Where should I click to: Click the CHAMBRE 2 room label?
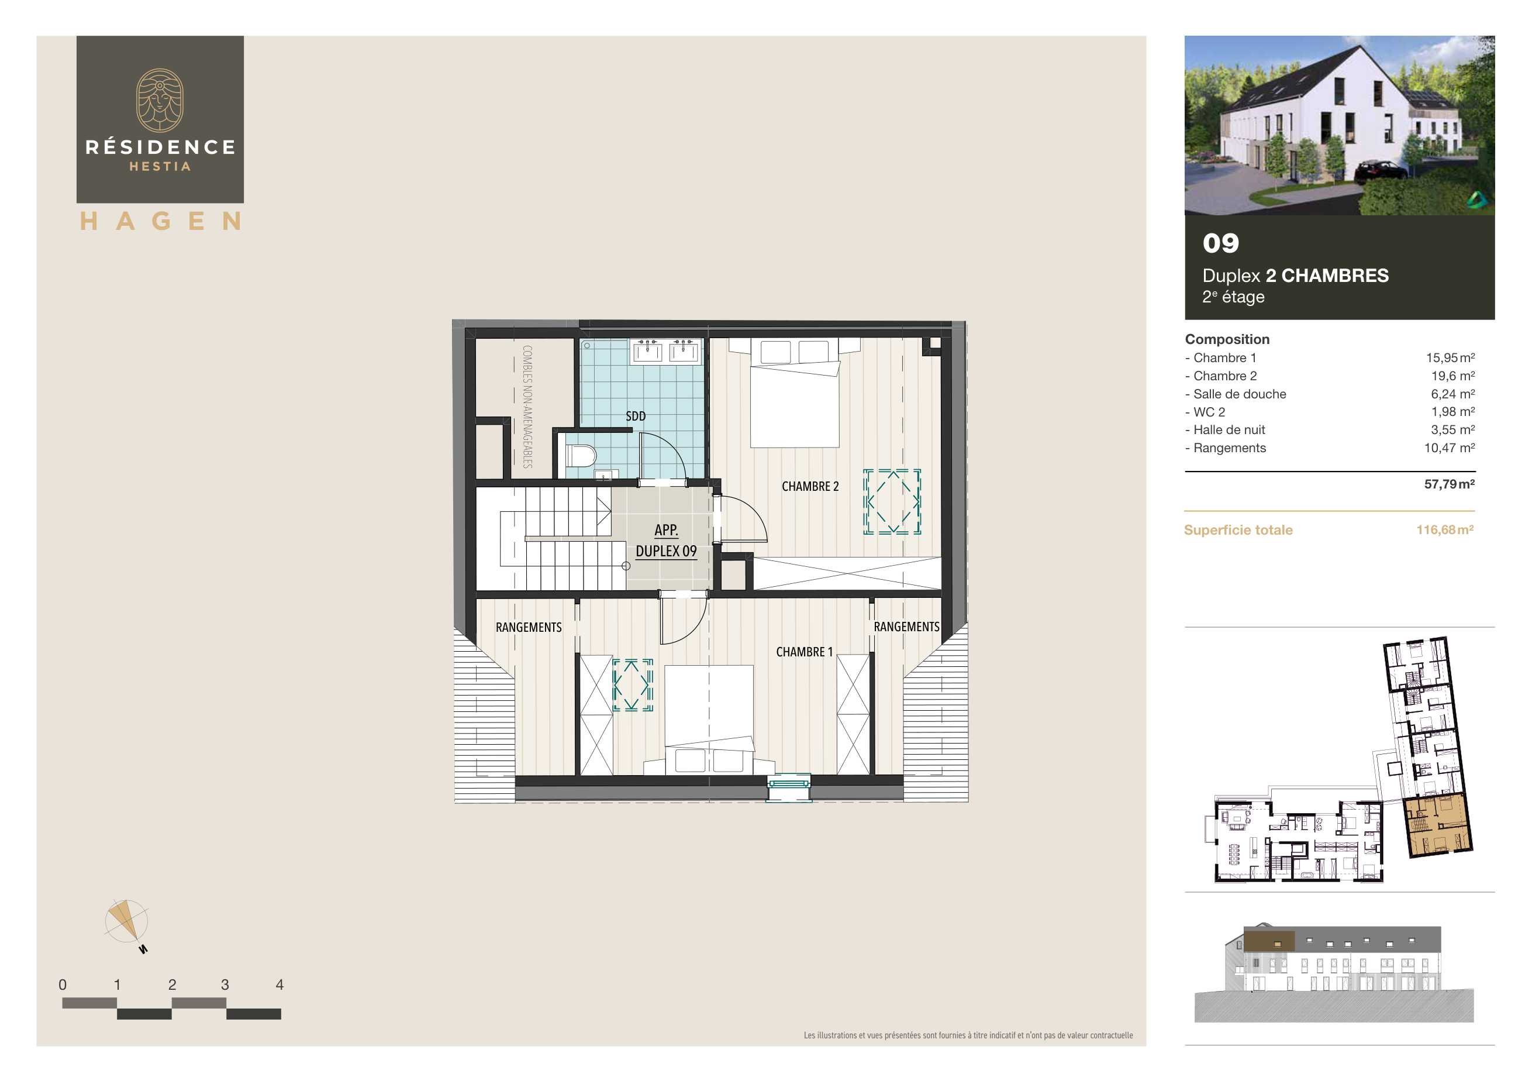tap(810, 487)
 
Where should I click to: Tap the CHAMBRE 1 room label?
tap(804, 652)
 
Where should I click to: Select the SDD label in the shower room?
tap(635, 416)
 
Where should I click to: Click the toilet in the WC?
tap(581, 456)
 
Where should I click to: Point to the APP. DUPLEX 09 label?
tap(666, 541)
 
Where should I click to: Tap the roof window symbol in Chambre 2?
tap(892, 502)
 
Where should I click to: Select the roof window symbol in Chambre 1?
tap(633, 686)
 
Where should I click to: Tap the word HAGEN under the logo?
tap(160, 221)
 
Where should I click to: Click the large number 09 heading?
tap(1220, 243)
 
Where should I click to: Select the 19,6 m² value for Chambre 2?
tap(1452, 376)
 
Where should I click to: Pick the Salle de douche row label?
tap(1239, 394)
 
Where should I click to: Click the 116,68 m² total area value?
tap(1445, 530)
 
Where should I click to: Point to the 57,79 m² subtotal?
tap(1448, 484)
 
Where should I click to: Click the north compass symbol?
tap(126, 923)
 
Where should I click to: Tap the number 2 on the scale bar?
tap(172, 985)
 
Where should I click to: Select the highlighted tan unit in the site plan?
tap(1437, 825)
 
